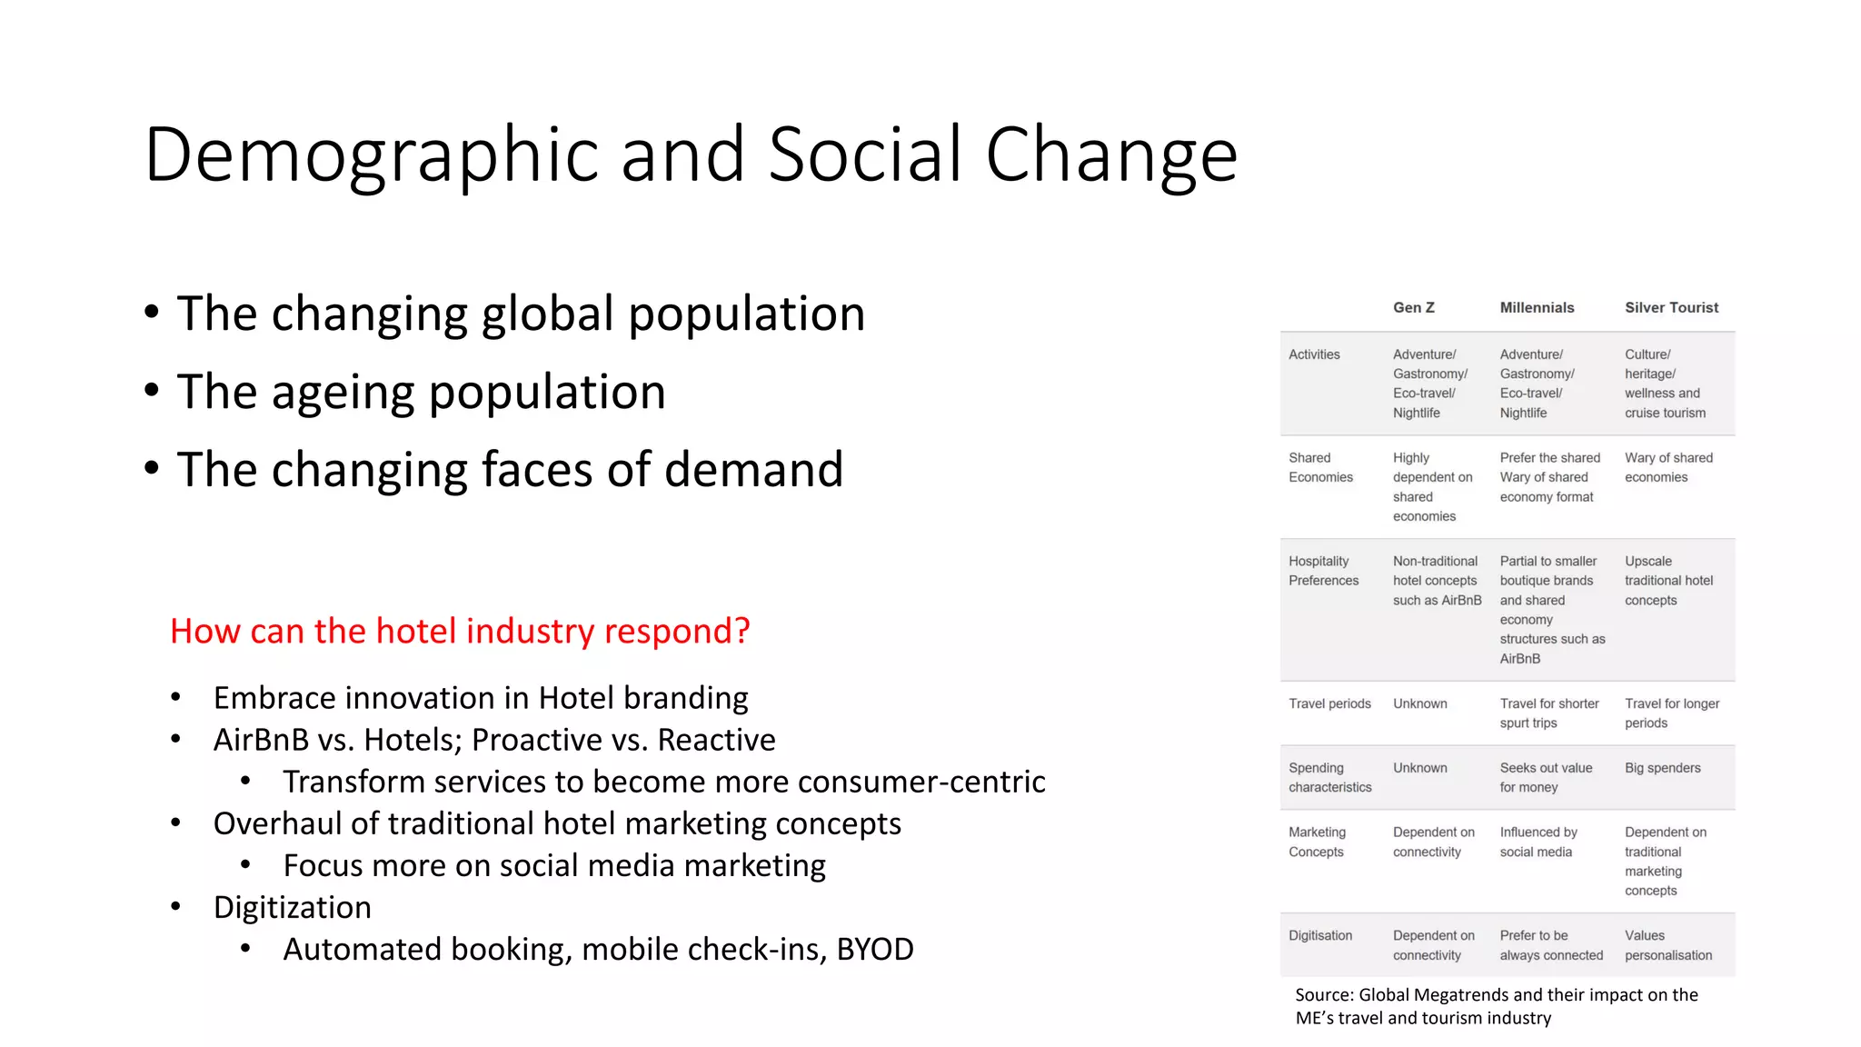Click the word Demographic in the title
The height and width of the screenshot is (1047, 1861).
(371, 155)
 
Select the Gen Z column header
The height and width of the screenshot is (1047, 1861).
(1413, 307)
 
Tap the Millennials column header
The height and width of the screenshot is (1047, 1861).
(1537, 307)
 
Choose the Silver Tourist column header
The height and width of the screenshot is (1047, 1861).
(1671, 307)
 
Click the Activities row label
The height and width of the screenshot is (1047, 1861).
(1314, 354)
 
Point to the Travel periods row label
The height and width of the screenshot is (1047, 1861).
(1329, 703)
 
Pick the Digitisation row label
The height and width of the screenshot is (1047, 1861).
(1320, 935)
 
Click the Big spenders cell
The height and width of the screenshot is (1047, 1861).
(1662, 768)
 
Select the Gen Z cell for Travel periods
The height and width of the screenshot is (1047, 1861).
(1419, 703)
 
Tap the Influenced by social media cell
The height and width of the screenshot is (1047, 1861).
(1538, 842)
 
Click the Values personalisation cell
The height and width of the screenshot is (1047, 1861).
(1667, 945)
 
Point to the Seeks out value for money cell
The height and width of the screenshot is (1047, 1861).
(1545, 777)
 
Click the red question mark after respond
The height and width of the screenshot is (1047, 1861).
(741, 631)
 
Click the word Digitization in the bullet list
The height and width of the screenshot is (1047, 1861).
(292, 907)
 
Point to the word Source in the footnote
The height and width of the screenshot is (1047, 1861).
(1323, 994)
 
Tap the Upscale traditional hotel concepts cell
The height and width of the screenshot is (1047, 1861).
(1668, 581)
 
